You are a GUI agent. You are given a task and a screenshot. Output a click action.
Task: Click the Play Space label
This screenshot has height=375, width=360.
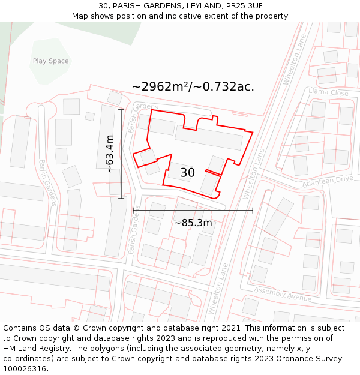tap(50, 61)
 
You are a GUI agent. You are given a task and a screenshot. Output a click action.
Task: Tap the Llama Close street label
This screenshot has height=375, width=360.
tap(328, 92)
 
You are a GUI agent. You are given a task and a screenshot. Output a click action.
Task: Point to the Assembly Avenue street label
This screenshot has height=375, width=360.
tap(282, 293)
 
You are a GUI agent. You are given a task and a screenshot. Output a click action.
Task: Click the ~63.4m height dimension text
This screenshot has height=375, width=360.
tap(110, 154)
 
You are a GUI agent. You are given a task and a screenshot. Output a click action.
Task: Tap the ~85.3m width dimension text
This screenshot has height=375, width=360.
tap(193, 223)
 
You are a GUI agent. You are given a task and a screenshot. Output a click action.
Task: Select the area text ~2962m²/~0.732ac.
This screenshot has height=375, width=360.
tap(193, 86)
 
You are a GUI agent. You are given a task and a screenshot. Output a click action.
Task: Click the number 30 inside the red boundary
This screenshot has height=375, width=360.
tap(187, 173)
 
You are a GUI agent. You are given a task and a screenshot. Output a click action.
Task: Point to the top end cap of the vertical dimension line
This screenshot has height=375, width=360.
tap(121, 110)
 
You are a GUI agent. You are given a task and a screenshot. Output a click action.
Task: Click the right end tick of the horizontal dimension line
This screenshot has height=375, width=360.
tap(253, 210)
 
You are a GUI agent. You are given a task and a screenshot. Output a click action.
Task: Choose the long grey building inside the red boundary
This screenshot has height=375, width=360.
tap(209, 137)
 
